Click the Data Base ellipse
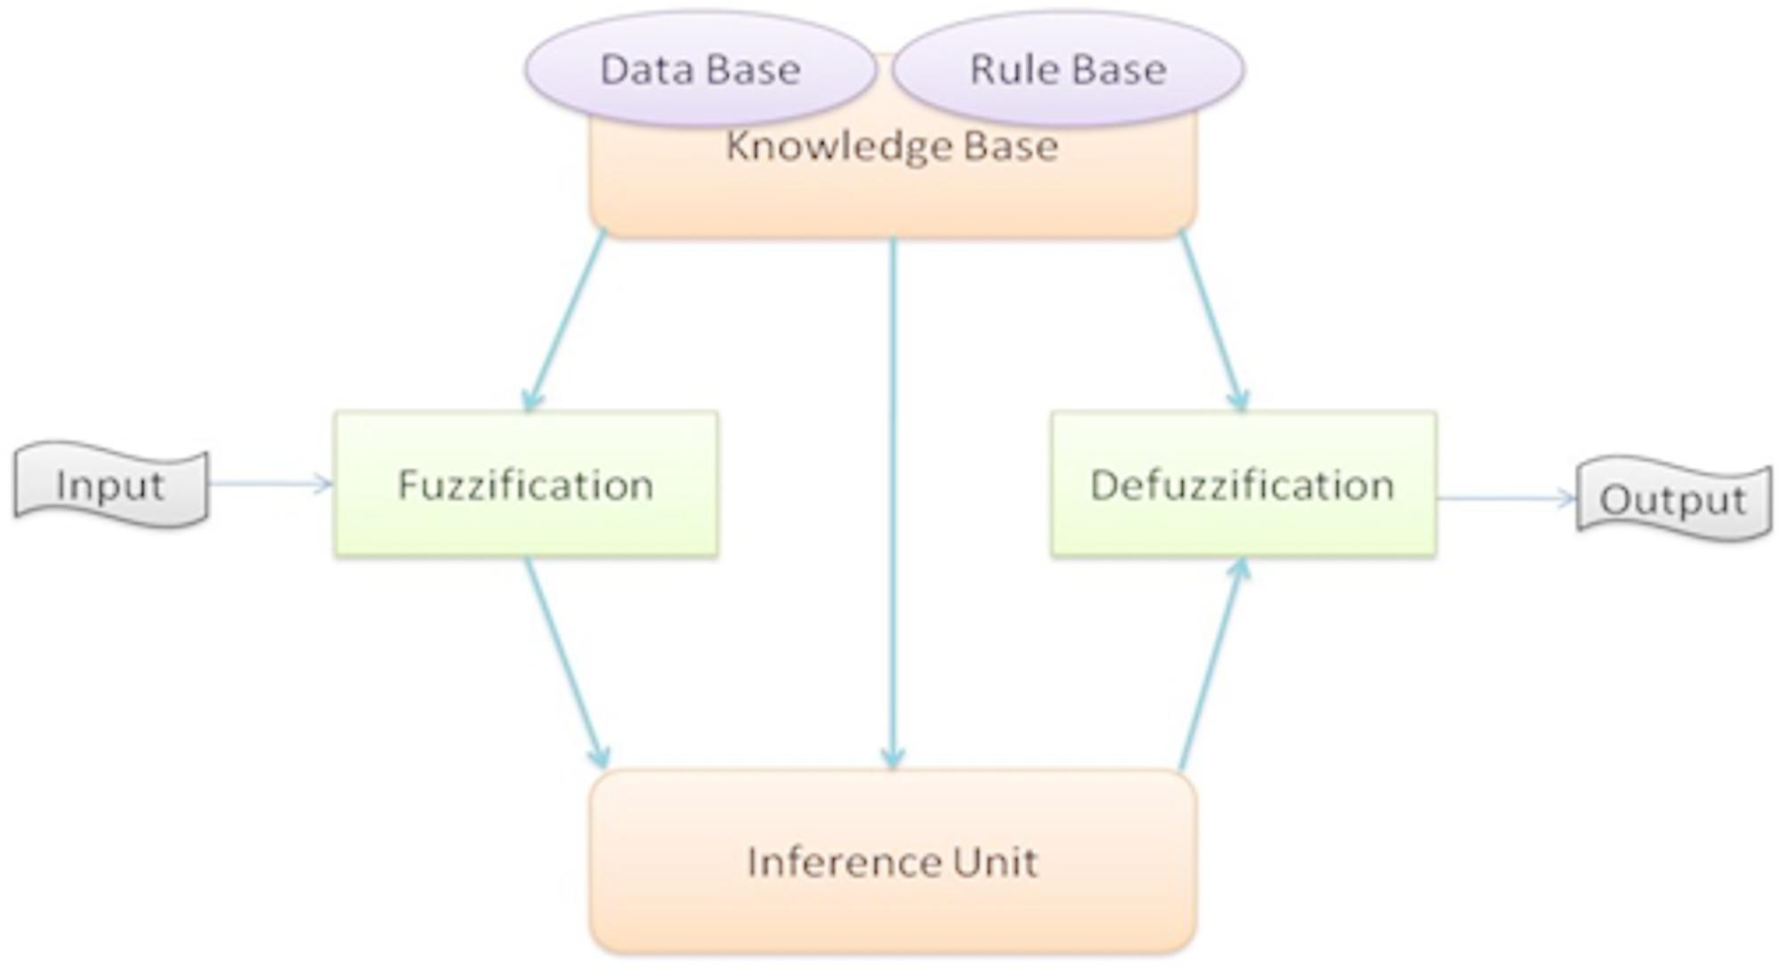[x=699, y=68]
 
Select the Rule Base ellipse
[x=1067, y=68]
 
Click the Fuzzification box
[x=526, y=485]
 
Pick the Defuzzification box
[x=1242, y=485]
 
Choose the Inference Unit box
[x=892, y=861]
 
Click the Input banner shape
[x=110, y=485]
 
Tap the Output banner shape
[x=1673, y=499]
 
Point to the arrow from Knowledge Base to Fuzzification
[x=568, y=320]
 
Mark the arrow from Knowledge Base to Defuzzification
[x=1211, y=320]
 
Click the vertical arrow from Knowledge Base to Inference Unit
[x=893, y=498]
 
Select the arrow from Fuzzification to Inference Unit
[x=566, y=662]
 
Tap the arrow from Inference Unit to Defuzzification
[x=1211, y=663]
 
